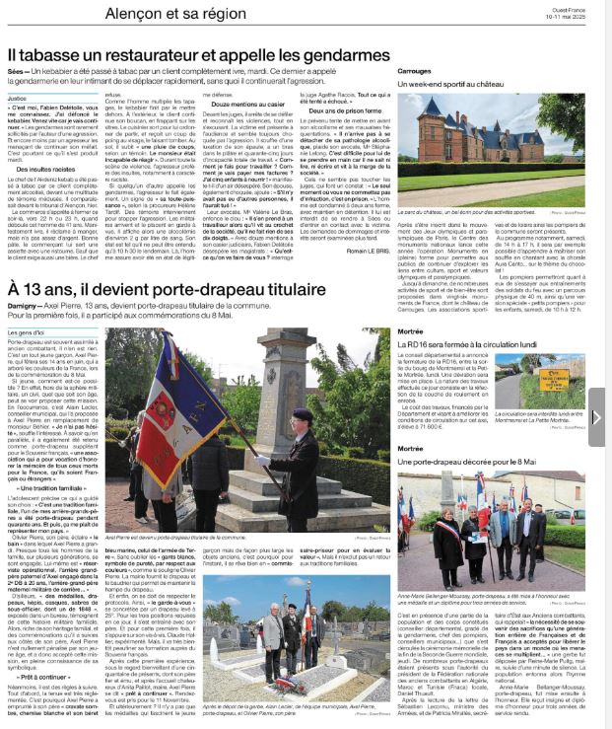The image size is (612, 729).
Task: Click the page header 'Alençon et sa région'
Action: point(69,12)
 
